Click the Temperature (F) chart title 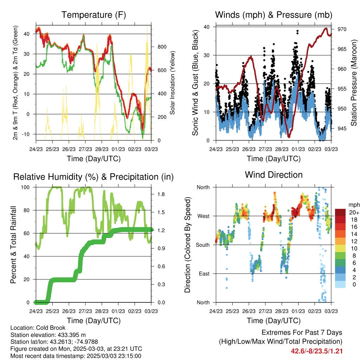pos(94,15)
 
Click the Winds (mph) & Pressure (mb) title pos(274,15)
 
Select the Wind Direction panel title pos(274,175)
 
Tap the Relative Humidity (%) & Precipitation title pos(94,177)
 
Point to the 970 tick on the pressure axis pos(342,29)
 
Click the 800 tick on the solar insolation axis pos(162,47)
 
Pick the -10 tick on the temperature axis pos(25,134)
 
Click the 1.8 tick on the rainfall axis pos(161,194)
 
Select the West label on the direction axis pos(204,216)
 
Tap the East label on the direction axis pos(204,274)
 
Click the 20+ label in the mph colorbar pos(354,212)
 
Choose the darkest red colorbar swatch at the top pos(340,212)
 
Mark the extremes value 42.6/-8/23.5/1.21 pos(317,351)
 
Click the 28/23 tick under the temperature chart pos(102,149)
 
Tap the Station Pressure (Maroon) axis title pos(354,83)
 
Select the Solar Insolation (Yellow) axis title pos(172,83)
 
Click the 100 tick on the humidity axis pos(25,187)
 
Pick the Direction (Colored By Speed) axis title pos(188,245)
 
